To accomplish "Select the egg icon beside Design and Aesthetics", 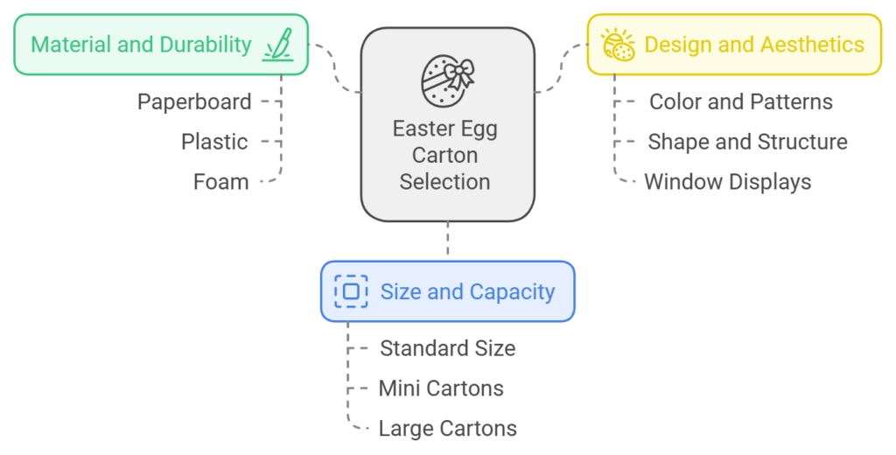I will (x=619, y=45).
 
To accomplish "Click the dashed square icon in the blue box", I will (x=351, y=291).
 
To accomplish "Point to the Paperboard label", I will (x=194, y=101).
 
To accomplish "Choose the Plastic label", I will (x=214, y=142).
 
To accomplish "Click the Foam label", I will (x=221, y=182).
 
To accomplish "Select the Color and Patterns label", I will (x=740, y=101).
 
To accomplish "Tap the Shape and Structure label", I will (x=747, y=142).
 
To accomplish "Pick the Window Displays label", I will (x=727, y=182).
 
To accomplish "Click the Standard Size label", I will (x=447, y=348).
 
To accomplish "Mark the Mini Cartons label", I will (x=441, y=388).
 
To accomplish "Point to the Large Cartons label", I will (x=447, y=429).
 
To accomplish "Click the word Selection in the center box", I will (x=444, y=182).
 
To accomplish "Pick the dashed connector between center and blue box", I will (x=447, y=240).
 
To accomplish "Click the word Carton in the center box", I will (x=444, y=156).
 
